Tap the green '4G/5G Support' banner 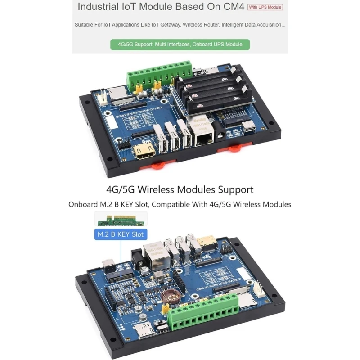(x=180, y=45)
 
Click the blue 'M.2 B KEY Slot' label (x=120, y=234)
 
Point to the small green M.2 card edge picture (x=120, y=220)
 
